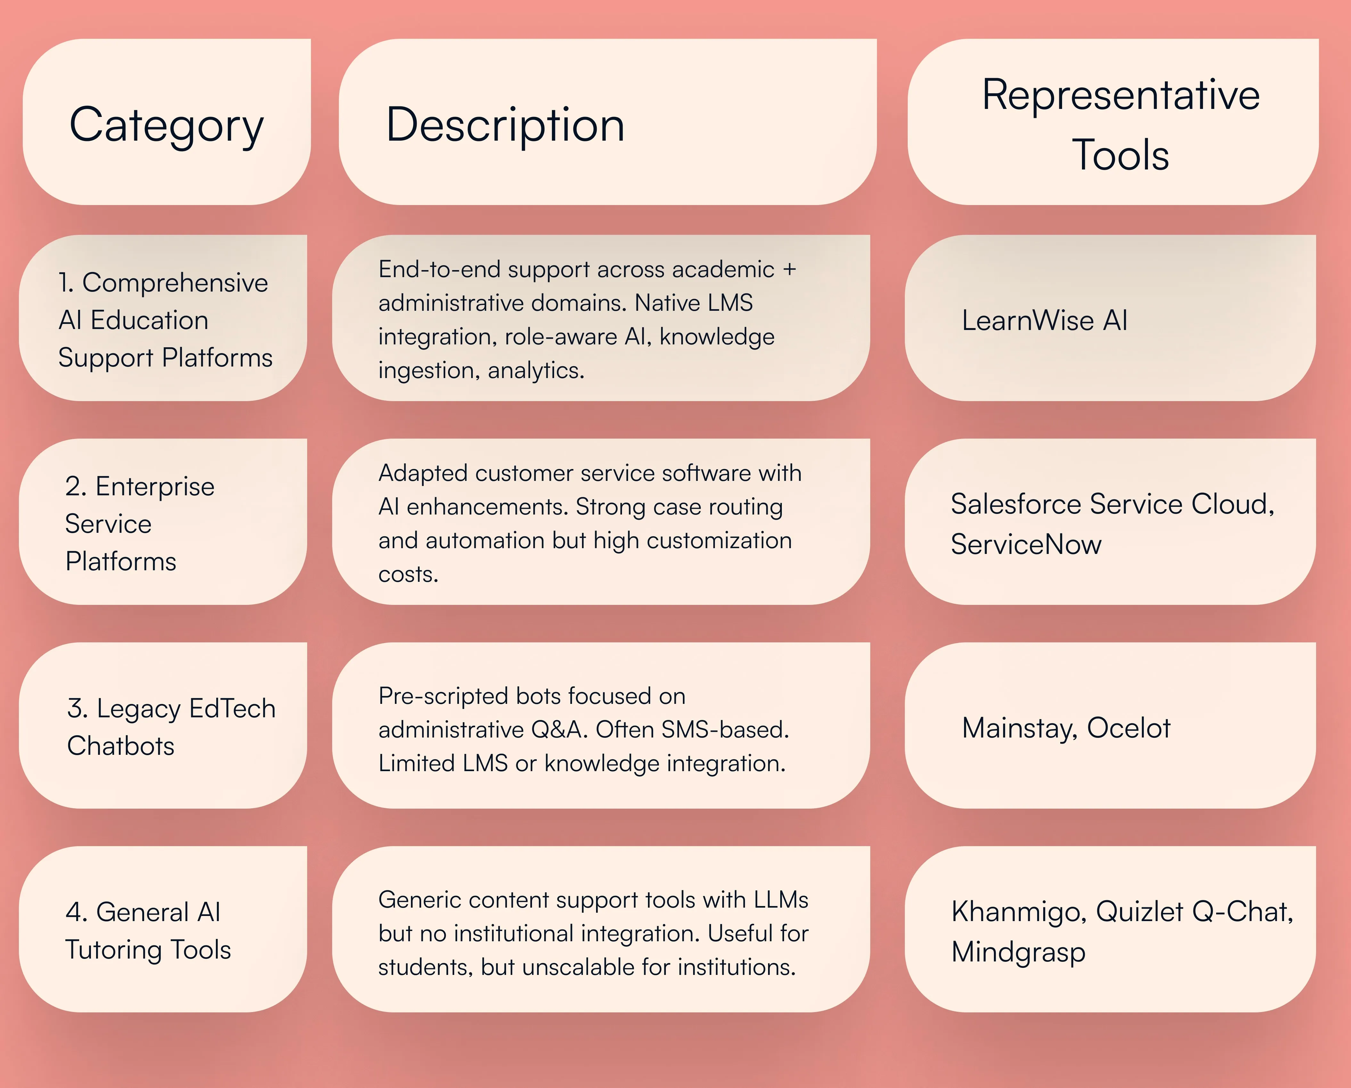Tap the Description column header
pos(505,125)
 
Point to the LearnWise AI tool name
pos(1044,320)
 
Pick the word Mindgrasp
pos(1018,952)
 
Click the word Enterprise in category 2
pos(155,486)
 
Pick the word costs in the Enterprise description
pos(408,574)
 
